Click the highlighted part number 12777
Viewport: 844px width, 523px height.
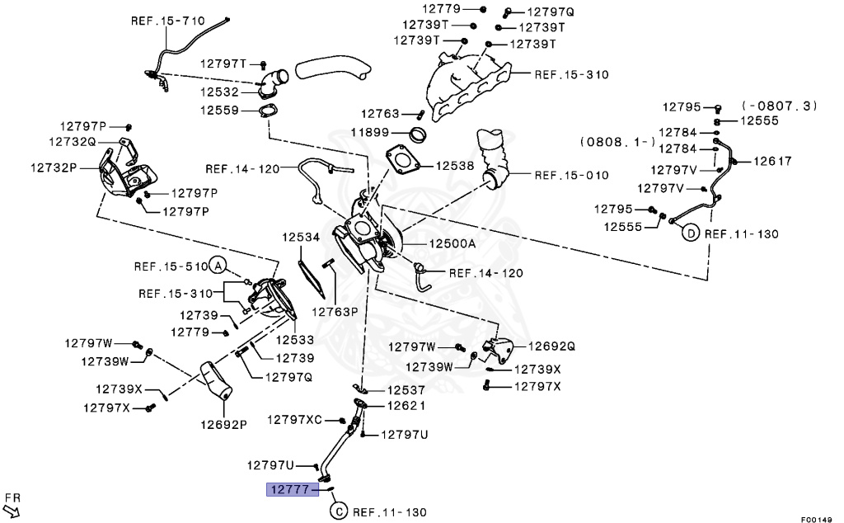(288, 490)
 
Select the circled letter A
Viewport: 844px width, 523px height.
(217, 265)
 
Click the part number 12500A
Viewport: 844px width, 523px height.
(452, 243)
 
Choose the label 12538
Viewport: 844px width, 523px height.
(455, 166)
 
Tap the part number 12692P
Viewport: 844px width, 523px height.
(223, 425)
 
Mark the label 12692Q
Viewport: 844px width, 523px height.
(551, 346)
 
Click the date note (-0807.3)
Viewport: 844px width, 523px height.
(780, 106)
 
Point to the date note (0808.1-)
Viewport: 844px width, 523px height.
(619, 141)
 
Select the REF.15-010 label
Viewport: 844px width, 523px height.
(571, 175)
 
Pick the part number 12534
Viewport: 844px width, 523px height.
(300, 237)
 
